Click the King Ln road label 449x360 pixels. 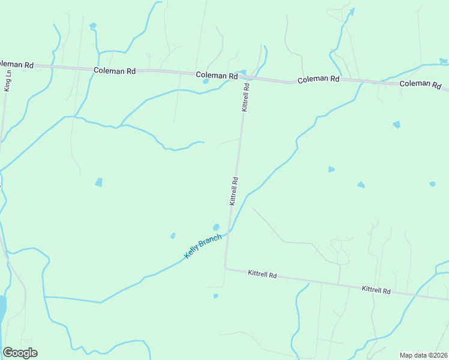tap(8, 83)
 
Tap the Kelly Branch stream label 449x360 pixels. tap(202, 246)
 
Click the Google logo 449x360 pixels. tap(20, 353)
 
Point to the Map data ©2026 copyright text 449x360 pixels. tap(424, 355)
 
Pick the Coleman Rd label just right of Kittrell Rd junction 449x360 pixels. tap(319, 79)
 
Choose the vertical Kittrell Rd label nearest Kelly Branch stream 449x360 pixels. tap(234, 191)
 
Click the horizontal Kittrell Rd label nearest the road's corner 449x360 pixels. tap(262, 275)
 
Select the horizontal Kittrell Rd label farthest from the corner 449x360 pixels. tap(376, 290)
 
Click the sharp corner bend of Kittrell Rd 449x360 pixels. tap(226, 268)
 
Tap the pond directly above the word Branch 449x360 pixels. tap(215, 227)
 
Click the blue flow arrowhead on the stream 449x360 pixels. tap(352, 11)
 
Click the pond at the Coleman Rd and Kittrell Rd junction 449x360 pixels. tap(243, 73)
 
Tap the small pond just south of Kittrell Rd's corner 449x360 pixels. tap(215, 296)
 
